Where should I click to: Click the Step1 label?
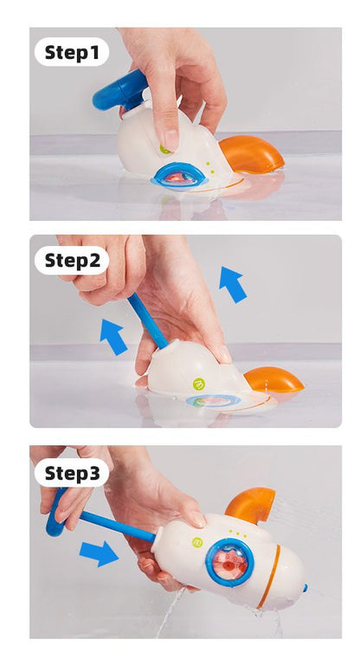click(x=72, y=53)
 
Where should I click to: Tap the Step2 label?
click(x=72, y=261)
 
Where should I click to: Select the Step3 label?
click(x=72, y=473)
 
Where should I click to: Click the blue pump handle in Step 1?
click(x=119, y=91)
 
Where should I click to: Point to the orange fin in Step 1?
click(x=251, y=154)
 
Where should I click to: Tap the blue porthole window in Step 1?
click(x=180, y=176)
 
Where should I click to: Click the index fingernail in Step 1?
click(x=171, y=140)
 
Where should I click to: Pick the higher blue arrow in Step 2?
click(x=232, y=284)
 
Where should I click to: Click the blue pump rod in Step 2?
click(x=147, y=320)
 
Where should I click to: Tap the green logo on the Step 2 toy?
click(x=199, y=384)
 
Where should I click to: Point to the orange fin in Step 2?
click(x=273, y=380)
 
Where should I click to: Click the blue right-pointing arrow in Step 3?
click(x=99, y=553)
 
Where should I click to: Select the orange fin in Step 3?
click(x=251, y=505)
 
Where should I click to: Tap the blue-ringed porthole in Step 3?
click(x=230, y=563)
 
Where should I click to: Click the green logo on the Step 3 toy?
click(x=197, y=543)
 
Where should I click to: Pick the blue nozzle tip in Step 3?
click(x=305, y=588)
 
